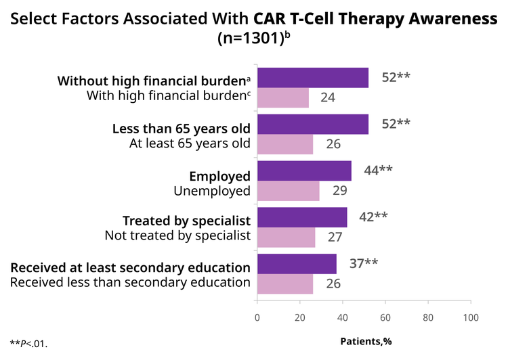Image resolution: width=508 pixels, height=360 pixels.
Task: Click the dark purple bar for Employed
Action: coord(305,171)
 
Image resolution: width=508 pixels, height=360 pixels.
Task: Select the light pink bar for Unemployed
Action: coord(289,191)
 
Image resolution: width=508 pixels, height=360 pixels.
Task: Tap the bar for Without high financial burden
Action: coord(313,78)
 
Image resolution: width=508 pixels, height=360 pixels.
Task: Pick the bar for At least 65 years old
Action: coord(285,144)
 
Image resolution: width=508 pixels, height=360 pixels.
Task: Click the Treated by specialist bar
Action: coord(302,217)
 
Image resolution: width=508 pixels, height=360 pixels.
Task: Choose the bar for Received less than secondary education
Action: coord(285,284)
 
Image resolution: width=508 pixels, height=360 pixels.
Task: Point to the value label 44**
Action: coord(378,170)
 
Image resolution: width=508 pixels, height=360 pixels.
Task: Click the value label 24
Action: coord(328,97)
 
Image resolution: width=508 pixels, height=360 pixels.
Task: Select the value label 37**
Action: coord(364,263)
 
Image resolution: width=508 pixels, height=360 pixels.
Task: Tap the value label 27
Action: coord(335,238)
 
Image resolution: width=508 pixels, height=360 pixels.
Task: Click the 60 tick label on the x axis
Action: coord(385,317)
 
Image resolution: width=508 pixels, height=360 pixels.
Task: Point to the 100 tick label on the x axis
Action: coord(471,317)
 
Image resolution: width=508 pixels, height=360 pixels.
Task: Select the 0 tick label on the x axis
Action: coord(257,317)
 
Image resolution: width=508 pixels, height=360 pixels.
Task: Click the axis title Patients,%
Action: coord(366,341)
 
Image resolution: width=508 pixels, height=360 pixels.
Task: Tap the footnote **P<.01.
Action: coord(28,344)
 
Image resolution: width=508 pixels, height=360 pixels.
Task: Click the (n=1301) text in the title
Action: coord(251,39)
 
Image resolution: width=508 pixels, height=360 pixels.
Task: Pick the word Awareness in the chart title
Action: coord(453,18)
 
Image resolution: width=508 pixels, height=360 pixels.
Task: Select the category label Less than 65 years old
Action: coord(182,129)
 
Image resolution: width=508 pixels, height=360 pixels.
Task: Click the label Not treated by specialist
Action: coord(177,235)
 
